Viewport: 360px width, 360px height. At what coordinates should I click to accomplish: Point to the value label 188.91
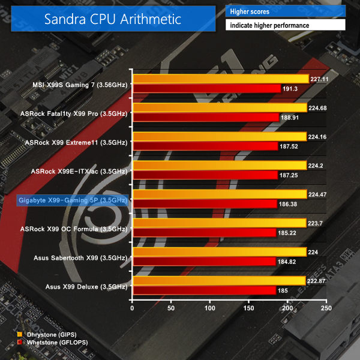(x=290, y=118)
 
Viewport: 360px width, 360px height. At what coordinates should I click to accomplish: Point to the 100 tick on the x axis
(x=210, y=308)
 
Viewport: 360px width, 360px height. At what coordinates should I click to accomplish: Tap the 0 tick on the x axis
(x=133, y=308)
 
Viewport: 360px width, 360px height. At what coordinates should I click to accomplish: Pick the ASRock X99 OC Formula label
(x=73, y=228)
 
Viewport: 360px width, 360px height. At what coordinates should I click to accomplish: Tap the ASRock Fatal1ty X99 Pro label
(x=73, y=113)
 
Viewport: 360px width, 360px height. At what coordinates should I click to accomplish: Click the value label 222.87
(x=318, y=281)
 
